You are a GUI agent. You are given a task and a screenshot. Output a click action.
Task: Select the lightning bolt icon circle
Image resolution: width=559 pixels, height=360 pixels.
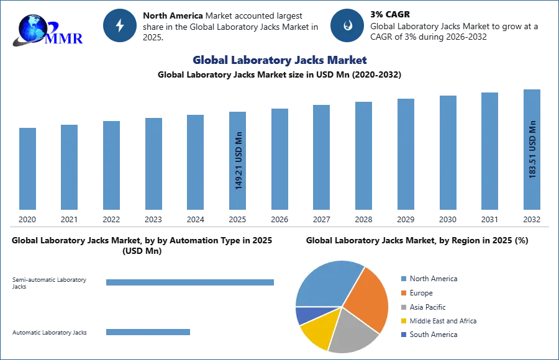point(120,25)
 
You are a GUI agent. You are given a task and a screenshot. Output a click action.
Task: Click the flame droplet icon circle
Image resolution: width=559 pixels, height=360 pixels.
point(347,25)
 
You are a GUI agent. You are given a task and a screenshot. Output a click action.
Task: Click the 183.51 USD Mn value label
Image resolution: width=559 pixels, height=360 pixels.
point(532,149)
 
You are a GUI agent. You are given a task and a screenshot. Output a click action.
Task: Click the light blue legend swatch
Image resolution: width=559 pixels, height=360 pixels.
point(403,279)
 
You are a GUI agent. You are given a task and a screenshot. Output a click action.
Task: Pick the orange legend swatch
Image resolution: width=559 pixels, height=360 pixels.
point(403,293)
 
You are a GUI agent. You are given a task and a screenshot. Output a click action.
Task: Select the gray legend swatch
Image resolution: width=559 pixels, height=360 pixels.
point(403,307)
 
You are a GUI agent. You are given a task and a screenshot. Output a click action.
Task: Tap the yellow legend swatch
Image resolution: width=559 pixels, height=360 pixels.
point(403,322)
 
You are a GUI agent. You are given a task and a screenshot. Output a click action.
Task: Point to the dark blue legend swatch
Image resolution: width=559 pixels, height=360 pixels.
point(403,334)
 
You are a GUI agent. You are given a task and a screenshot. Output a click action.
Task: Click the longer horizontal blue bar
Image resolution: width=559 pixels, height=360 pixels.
point(191,283)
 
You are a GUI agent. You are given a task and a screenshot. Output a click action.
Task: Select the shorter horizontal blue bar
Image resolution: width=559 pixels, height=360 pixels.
point(148,333)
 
